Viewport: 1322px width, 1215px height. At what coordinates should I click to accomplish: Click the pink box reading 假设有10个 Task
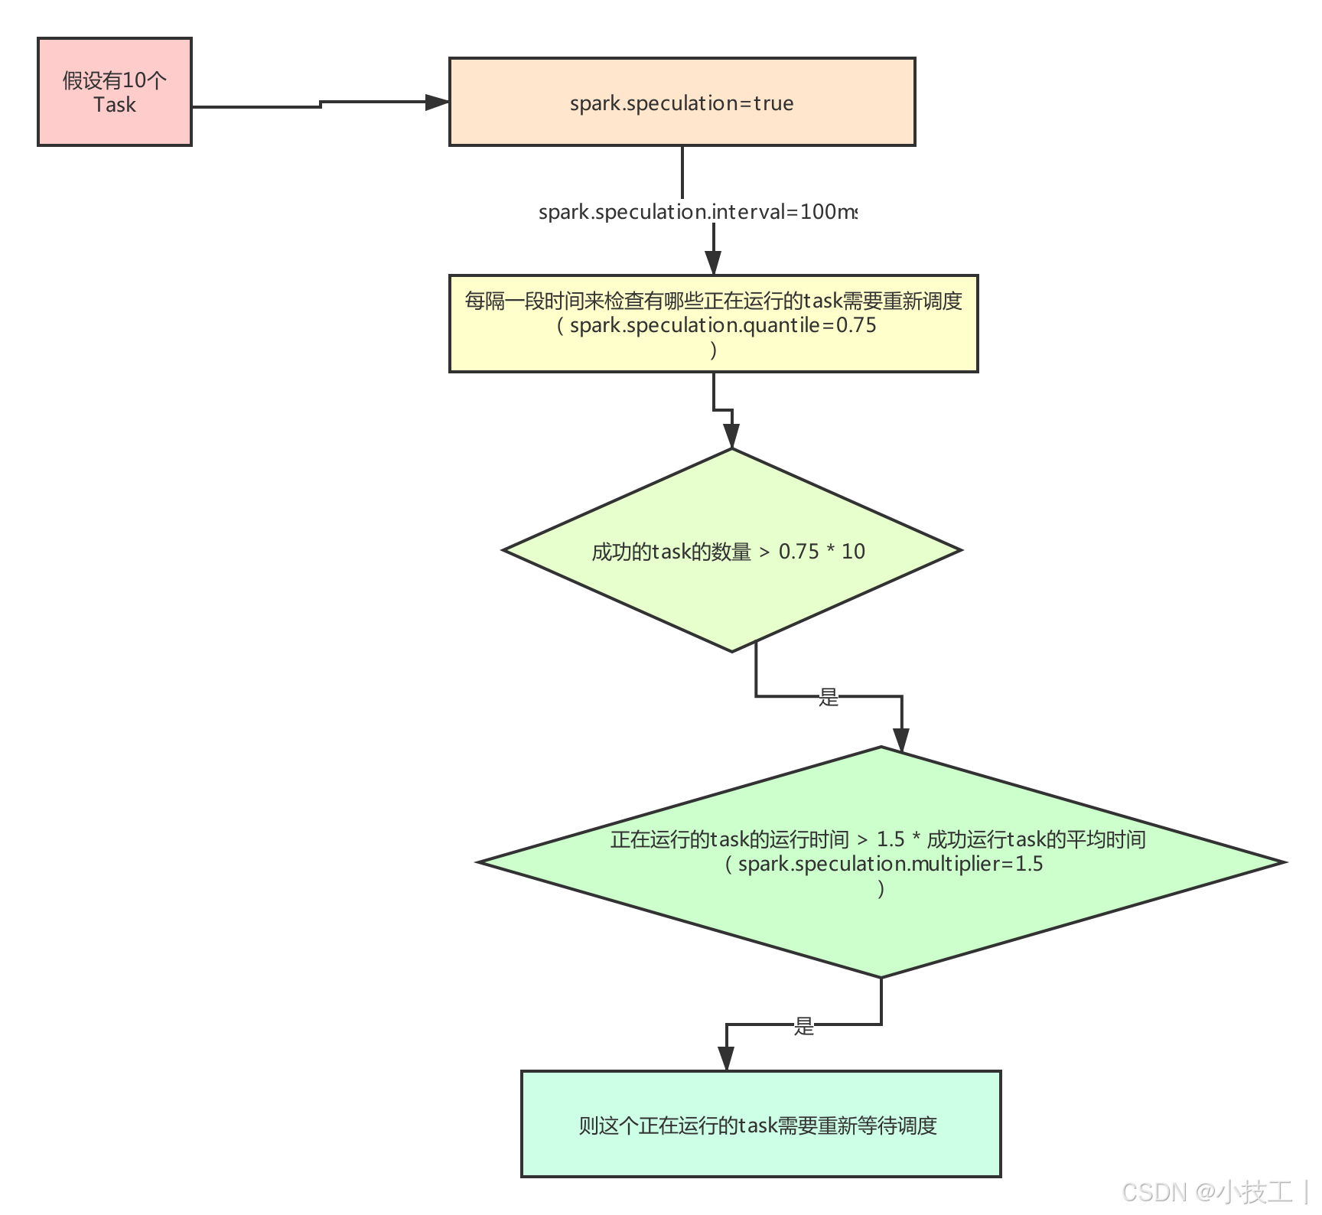[x=115, y=92]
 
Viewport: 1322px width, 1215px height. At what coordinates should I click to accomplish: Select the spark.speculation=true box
[x=682, y=102]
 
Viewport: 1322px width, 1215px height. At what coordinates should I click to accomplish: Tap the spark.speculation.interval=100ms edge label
[x=698, y=211]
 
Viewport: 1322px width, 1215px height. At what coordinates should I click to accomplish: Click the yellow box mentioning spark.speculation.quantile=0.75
[x=713, y=324]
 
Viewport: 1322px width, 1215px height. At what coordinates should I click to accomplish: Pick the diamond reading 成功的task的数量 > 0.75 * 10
[x=731, y=550]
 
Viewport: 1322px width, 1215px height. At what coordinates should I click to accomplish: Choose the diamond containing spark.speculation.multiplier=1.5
[x=881, y=862]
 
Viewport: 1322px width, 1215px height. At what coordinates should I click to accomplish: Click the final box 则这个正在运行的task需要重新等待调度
[x=760, y=1123]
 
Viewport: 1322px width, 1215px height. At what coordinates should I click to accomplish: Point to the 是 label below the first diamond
[x=829, y=696]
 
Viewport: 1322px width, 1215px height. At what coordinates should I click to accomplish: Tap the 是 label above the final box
[x=803, y=1025]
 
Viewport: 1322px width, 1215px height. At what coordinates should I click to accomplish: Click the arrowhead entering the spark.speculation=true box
[x=438, y=103]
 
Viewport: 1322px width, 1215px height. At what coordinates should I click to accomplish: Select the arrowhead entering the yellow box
[x=713, y=263]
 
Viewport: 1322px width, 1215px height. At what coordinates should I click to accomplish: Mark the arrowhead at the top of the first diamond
[x=732, y=438]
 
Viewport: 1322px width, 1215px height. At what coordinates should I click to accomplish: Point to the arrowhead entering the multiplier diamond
[x=902, y=741]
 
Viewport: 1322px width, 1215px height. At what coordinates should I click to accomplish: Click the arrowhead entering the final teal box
[x=726, y=1060]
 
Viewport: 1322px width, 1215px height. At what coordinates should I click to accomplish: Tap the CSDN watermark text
[x=1154, y=1191]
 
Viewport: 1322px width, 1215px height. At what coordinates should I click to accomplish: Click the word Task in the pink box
[x=115, y=105]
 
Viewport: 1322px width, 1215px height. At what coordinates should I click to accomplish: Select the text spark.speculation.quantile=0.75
[x=722, y=325]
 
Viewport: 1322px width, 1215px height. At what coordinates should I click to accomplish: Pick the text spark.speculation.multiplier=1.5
[x=890, y=864]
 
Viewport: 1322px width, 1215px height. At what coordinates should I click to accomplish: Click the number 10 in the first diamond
[x=853, y=551]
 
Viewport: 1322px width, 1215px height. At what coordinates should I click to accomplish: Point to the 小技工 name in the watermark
[x=1255, y=1191]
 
